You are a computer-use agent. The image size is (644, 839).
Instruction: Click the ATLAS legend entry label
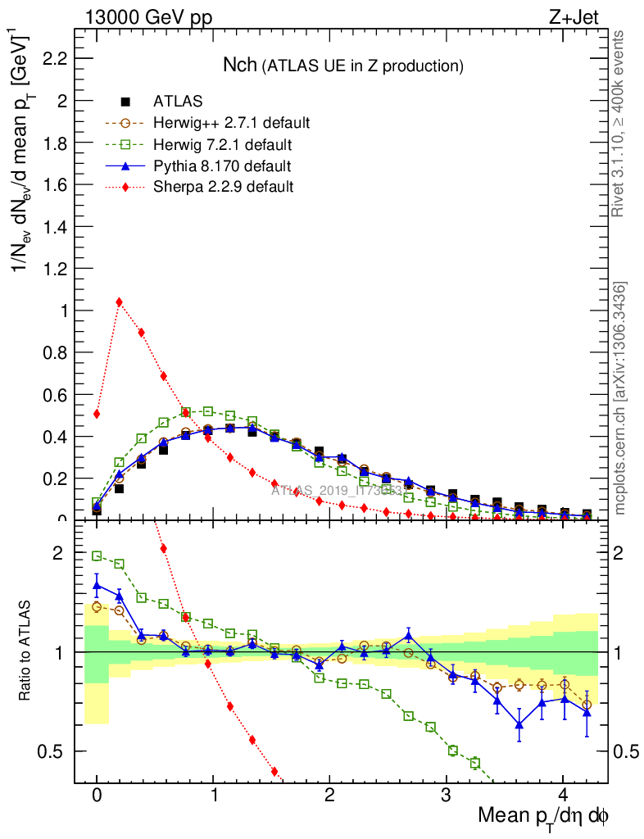[178, 102]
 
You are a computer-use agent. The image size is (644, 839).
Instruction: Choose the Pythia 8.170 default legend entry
[222, 166]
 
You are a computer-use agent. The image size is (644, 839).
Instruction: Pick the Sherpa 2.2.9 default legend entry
[223, 187]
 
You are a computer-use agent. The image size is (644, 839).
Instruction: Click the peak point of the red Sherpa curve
[119, 302]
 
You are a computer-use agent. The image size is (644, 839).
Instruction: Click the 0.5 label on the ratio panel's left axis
[52, 751]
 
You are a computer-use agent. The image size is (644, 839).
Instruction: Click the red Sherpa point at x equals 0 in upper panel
[97, 414]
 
